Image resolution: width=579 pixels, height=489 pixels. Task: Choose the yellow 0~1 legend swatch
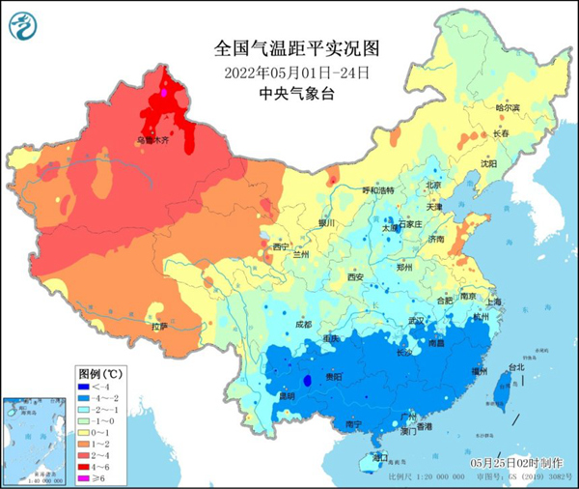(x=85, y=432)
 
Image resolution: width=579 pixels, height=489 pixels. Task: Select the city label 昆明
(x=259, y=395)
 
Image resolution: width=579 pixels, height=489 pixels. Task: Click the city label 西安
(x=354, y=277)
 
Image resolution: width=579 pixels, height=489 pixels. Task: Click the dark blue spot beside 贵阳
(x=309, y=381)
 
